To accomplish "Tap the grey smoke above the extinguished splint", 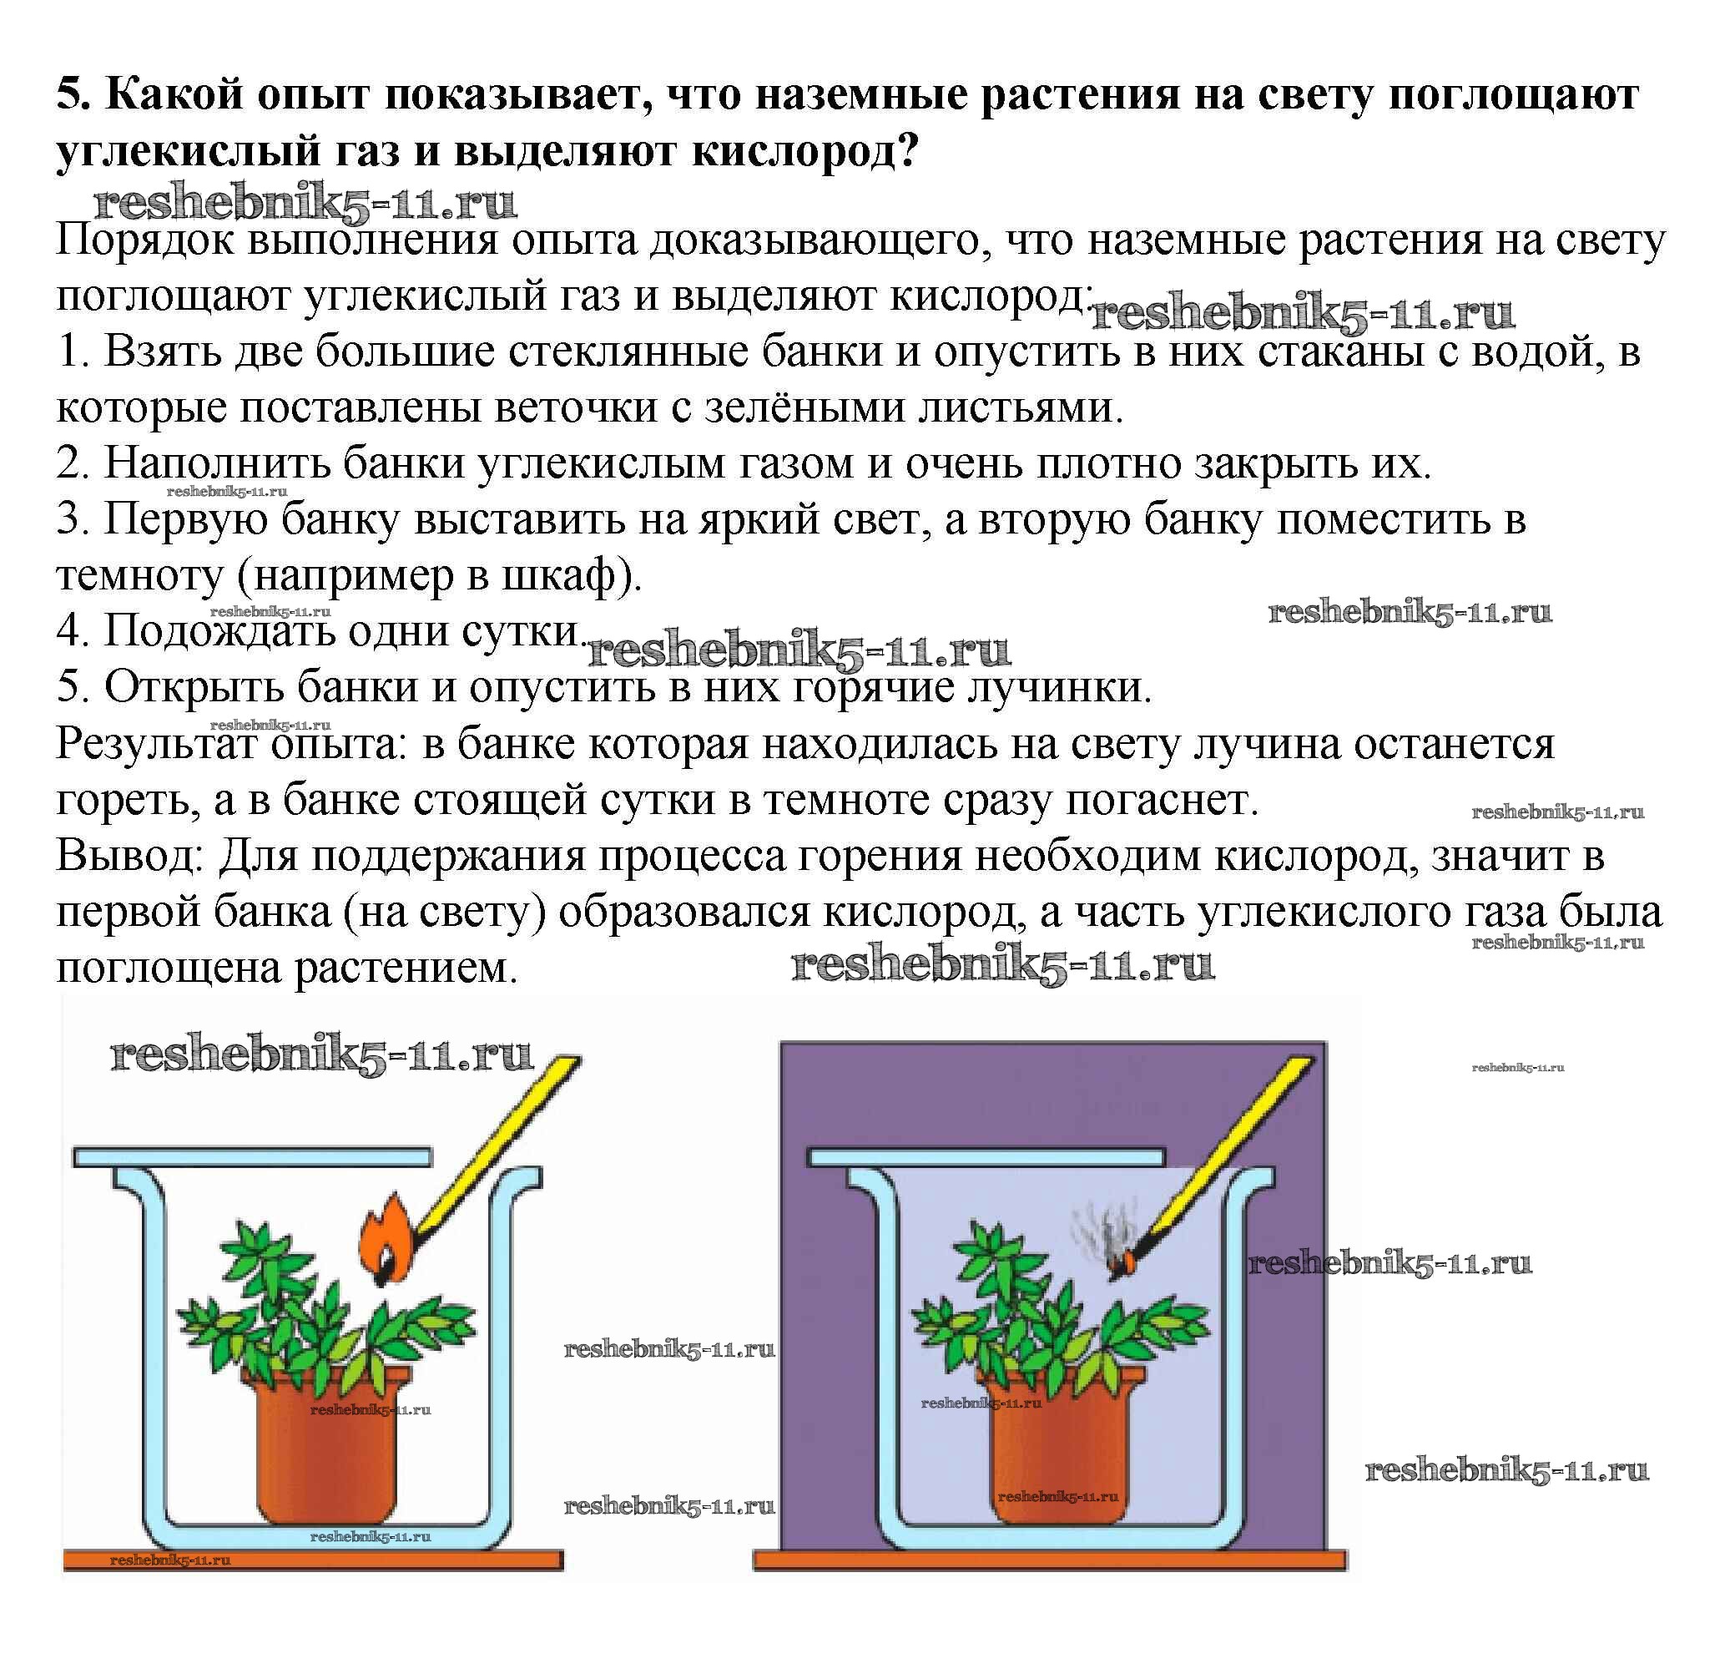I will point(1096,1231).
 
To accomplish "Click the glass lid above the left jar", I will point(252,1156).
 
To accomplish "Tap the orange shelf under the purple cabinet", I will point(1049,1560).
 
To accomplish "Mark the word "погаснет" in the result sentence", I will point(1160,801).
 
